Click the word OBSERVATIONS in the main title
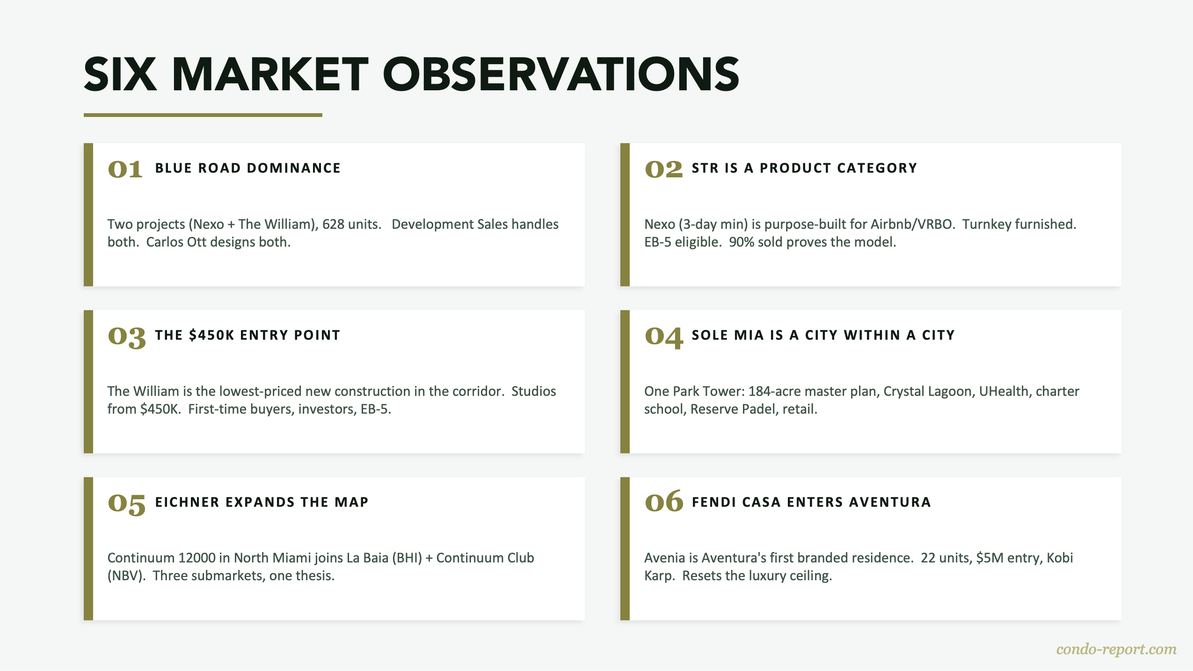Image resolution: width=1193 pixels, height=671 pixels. coord(561,74)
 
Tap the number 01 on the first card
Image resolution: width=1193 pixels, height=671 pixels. coord(125,169)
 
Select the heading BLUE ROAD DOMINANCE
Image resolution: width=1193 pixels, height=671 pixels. coord(247,168)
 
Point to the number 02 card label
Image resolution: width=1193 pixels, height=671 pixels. coord(663,169)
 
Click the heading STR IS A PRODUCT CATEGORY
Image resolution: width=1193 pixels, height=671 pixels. coord(804,168)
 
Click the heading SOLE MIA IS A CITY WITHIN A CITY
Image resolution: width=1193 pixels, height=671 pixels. coord(823,335)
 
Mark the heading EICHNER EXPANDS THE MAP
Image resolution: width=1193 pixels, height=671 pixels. coord(262,502)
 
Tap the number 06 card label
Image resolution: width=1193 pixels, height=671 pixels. coord(663,502)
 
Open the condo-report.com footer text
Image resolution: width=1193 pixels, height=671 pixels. coord(1116,649)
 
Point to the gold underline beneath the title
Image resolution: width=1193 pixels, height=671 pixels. coord(203,115)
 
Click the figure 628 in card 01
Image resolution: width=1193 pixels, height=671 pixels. coord(333,224)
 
